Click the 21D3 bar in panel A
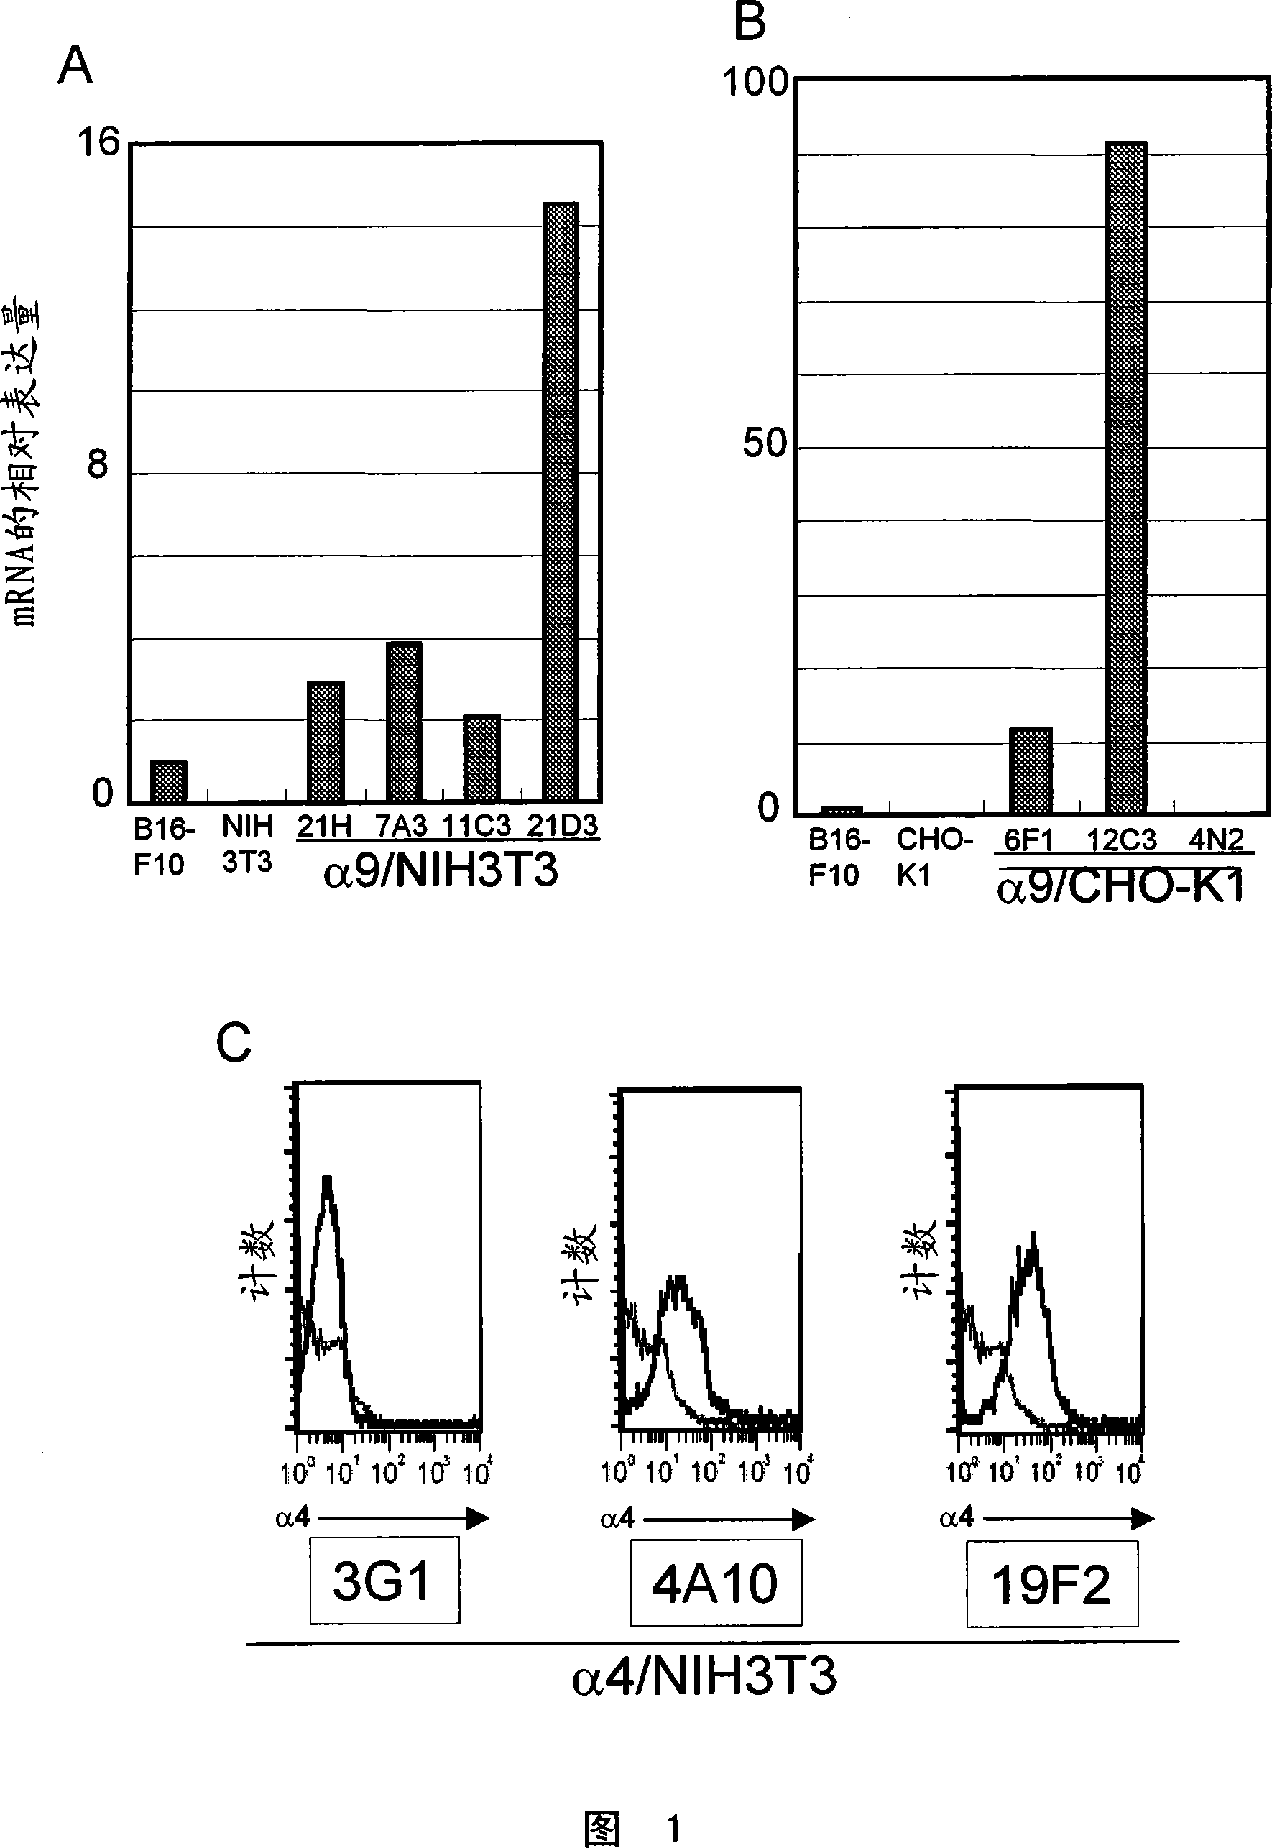tap(561, 502)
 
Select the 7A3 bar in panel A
tap(403, 721)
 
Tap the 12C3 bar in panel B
tap(1125, 478)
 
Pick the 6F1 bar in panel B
tap(1031, 771)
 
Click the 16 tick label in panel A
tap(97, 143)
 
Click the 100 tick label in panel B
tap(754, 82)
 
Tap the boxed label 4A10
tap(715, 1583)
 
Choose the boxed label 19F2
tap(1051, 1585)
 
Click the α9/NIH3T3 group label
tap(441, 870)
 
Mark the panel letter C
tap(234, 1042)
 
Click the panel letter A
tap(75, 65)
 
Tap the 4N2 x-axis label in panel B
tap(1215, 840)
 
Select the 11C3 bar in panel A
tap(482, 758)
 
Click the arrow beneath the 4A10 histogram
tap(729, 1520)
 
